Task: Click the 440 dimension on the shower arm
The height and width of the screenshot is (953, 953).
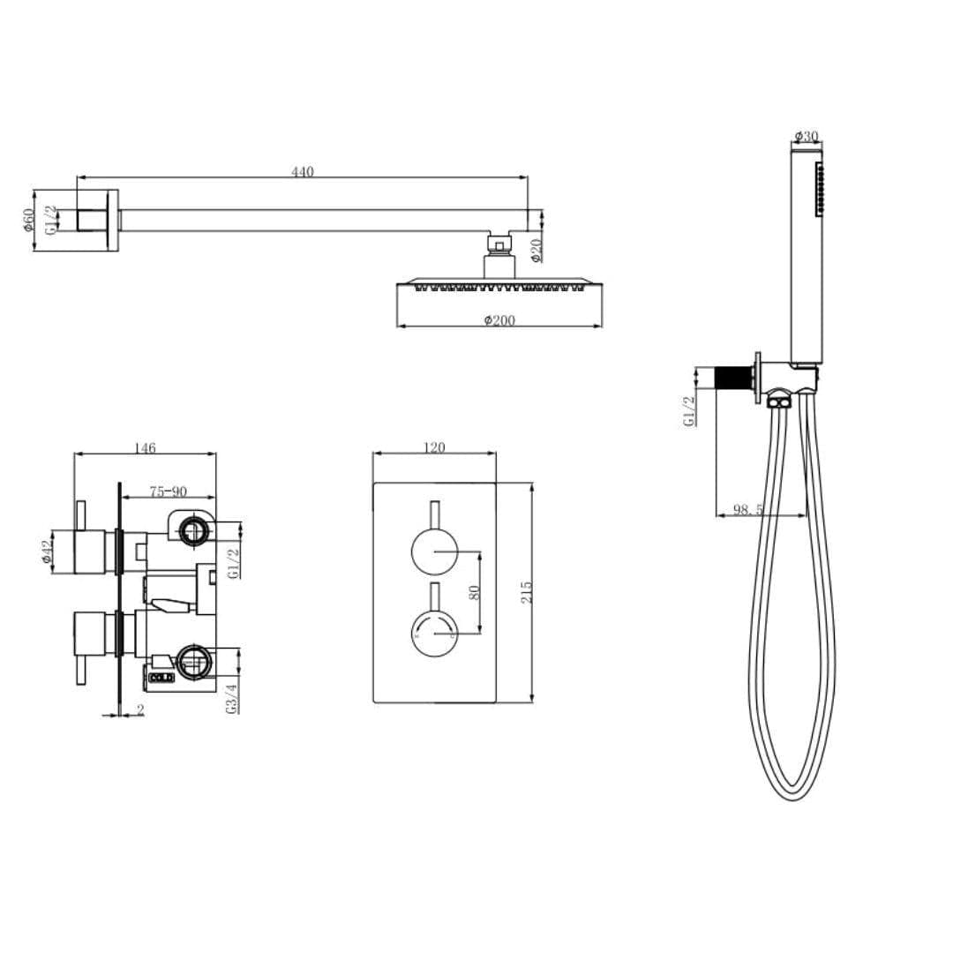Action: click(303, 172)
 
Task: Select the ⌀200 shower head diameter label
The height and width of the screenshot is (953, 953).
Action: click(499, 320)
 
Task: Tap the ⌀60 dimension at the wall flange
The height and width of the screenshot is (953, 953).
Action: click(29, 220)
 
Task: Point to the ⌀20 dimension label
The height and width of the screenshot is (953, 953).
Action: click(537, 251)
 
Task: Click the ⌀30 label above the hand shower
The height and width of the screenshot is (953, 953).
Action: click(807, 137)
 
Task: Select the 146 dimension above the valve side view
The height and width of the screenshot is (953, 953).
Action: click(146, 448)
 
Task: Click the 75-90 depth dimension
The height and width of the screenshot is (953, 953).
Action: click(168, 492)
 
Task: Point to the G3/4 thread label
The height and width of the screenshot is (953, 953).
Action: click(232, 697)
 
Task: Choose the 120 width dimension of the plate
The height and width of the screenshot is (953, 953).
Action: click(434, 448)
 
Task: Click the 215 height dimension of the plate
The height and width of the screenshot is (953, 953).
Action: click(527, 592)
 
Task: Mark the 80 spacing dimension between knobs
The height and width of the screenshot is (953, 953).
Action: click(474, 592)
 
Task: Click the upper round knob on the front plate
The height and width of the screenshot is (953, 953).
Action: click(434, 553)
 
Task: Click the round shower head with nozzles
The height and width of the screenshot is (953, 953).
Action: click(499, 285)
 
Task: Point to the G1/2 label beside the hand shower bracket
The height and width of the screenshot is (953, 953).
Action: click(690, 411)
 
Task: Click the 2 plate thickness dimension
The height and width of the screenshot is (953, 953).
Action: click(140, 709)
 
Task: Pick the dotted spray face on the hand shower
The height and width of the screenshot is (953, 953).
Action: click(820, 188)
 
